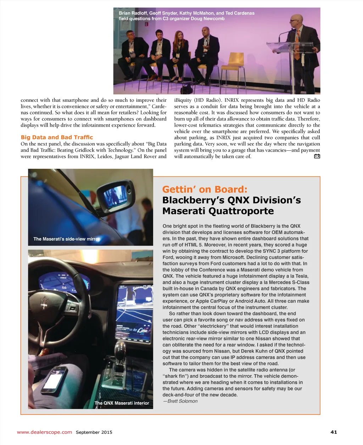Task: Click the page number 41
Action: [x=334, y=432]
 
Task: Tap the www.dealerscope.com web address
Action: [x=44, y=432]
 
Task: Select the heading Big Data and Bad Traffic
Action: [x=57, y=137]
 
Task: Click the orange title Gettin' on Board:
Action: [x=205, y=189]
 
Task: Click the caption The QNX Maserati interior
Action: [x=122, y=403]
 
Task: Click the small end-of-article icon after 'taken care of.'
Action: [x=317, y=156]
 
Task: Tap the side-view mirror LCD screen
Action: [x=115, y=195]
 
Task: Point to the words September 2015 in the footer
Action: [x=94, y=432]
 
